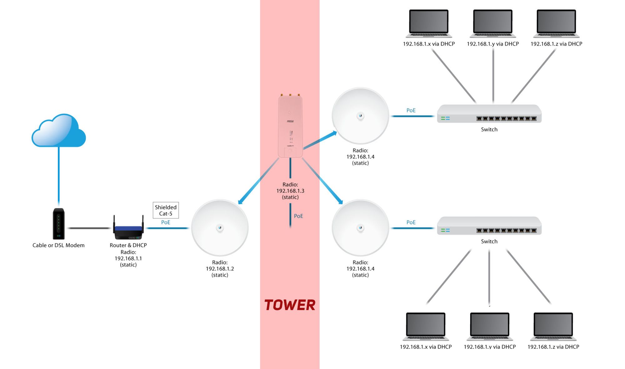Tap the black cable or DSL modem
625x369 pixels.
point(58,224)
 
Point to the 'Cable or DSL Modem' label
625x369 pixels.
point(58,245)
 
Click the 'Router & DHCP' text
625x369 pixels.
point(128,245)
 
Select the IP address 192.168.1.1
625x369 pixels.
point(128,259)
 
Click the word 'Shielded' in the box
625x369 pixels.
point(166,207)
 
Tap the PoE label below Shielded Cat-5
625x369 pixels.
point(166,222)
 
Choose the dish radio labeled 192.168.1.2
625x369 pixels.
point(220,228)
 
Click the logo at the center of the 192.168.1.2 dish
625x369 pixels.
point(220,228)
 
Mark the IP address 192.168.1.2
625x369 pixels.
point(220,269)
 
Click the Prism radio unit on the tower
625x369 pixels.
point(290,126)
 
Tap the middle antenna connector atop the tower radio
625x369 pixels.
point(290,95)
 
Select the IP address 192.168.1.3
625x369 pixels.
point(290,191)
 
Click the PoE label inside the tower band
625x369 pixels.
point(298,216)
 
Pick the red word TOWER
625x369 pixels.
point(290,305)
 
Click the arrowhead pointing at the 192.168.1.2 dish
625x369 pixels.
point(240,202)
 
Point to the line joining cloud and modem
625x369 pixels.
point(59,176)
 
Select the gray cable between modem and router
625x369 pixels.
point(89,228)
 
